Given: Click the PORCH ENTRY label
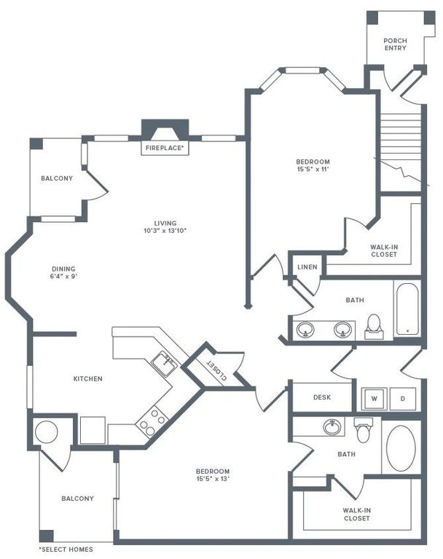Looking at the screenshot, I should coord(395,44).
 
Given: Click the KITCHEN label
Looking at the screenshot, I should coord(87,378).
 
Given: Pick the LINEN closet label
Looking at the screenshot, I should coord(307,267).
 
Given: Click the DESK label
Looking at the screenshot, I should coord(322,397).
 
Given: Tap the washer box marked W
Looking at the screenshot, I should coord(375,399).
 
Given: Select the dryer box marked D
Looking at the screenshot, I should coord(402,399).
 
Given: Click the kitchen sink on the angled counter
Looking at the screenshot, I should coord(165,362).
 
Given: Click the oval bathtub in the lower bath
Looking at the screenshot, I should coord(400,448).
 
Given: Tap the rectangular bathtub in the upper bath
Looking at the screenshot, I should coord(406,309).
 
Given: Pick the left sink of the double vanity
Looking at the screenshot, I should coord(305,330).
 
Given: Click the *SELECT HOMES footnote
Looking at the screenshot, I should coord(66,549).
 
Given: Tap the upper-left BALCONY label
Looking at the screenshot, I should coord(57,178).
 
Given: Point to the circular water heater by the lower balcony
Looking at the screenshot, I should coord(45,432).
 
